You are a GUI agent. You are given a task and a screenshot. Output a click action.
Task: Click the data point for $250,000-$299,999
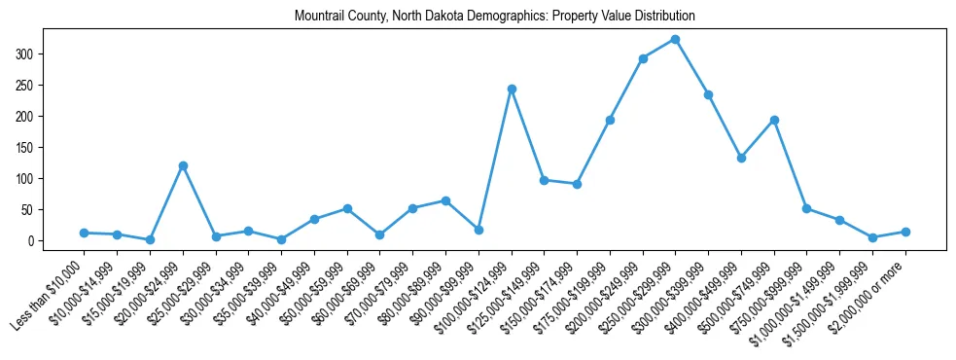675,39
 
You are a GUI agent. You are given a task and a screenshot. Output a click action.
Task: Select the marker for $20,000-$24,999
183,165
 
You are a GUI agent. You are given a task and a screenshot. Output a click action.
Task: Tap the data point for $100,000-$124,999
512,89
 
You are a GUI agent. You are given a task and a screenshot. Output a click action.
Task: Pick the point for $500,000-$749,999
774,120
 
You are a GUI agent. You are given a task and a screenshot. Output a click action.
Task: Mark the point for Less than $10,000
85,233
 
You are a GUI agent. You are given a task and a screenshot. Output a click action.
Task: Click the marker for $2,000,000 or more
905,232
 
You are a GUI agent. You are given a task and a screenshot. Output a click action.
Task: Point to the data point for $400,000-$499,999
741,158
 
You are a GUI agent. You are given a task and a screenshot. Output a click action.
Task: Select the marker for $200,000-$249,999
643,58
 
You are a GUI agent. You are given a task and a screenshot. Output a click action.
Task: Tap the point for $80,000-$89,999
445,200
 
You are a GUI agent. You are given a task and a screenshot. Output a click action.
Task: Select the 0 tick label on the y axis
31,240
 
